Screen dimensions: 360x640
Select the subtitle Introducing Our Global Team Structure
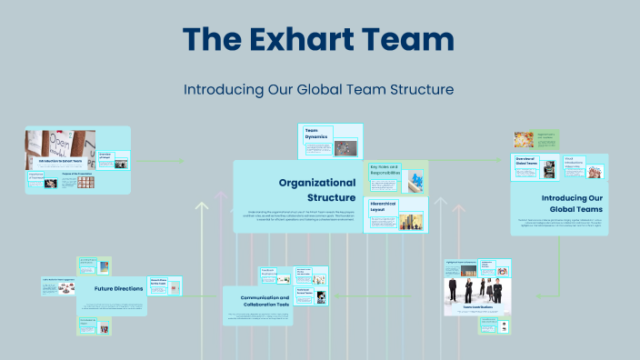click(x=318, y=90)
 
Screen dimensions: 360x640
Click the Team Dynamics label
click(x=315, y=134)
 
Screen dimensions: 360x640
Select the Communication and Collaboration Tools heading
click(x=265, y=302)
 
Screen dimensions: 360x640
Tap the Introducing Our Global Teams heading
click(x=571, y=203)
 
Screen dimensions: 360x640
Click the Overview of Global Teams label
click(x=525, y=160)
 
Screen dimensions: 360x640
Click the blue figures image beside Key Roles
click(x=415, y=181)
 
